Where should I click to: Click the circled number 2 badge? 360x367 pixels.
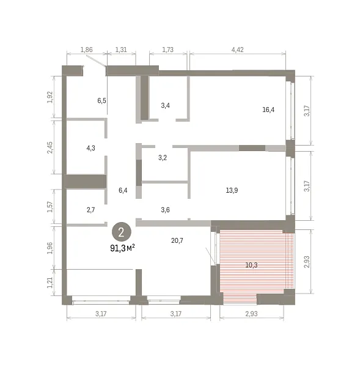tap(121, 232)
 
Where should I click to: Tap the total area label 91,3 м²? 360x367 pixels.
tap(122, 248)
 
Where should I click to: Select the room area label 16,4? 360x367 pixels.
tap(268, 109)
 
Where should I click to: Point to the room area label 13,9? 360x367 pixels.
tap(232, 190)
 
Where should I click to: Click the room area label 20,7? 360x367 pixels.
tap(177, 240)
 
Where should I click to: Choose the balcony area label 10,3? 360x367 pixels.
tap(251, 265)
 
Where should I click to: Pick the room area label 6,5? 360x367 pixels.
tap(101, 101)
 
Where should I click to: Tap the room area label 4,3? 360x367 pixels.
tap(90, 148)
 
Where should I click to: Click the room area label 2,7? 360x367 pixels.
tap(90, 210)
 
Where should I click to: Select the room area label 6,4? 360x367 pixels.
tap(123, 190)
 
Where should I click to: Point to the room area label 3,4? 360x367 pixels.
tap(165, 105)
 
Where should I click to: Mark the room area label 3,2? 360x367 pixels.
tap(163, 158)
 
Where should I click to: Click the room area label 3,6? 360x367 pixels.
tap(165, 210)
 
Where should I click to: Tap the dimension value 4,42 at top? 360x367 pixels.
tap(237, 50)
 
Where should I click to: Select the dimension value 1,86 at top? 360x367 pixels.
tap(87, 50)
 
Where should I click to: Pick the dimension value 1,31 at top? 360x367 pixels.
tap(121, 50)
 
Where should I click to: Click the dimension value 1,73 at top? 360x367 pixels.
tap(168, 50)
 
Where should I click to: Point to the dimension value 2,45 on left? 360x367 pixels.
tap(50, 147)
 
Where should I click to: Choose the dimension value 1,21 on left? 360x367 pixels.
tap(50, 283)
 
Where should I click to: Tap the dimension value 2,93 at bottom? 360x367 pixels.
tap(251, 314)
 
